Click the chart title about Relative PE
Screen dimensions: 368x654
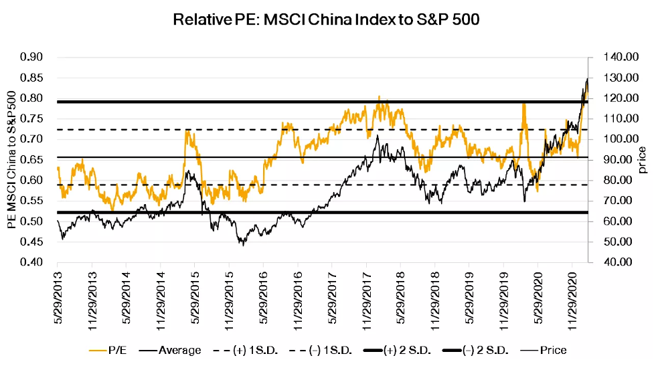coord(326,19)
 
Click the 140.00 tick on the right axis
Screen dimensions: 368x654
coord(617,58)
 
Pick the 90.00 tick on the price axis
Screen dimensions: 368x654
coord(617,160)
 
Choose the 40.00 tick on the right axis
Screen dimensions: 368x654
coord(617,262)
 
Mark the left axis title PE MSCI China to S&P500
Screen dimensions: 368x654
coord(12,160)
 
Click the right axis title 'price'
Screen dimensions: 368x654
coord(642,160)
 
